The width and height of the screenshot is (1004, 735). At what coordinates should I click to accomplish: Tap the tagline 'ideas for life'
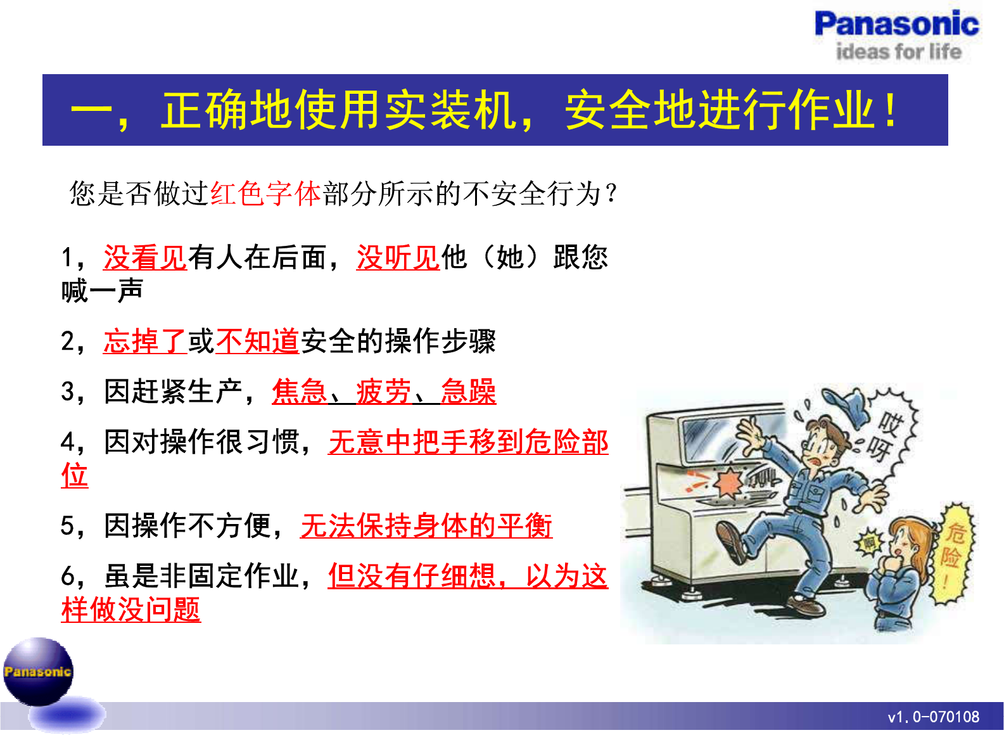click(899, 51)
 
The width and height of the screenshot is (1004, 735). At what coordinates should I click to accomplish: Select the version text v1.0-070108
click(933, 717)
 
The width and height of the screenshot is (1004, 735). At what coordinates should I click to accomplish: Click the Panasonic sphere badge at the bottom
click(38, 671)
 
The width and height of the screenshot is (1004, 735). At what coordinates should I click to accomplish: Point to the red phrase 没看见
click(145, 257)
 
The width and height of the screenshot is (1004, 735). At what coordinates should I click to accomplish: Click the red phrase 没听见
click(398, 257)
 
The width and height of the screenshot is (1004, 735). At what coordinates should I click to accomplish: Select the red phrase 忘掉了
click(145, 341)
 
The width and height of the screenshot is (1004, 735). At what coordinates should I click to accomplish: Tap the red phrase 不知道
click(257, 341)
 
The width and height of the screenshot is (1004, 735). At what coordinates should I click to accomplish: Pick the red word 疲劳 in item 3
click(384, 392)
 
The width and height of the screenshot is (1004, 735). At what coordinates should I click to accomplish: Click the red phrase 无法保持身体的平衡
click(426, 525)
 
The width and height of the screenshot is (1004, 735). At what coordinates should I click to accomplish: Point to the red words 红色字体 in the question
click(265, 194)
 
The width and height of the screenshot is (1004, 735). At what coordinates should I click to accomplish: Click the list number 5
click(68, 526)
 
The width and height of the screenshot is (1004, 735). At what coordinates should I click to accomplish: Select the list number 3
click(68, 392)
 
